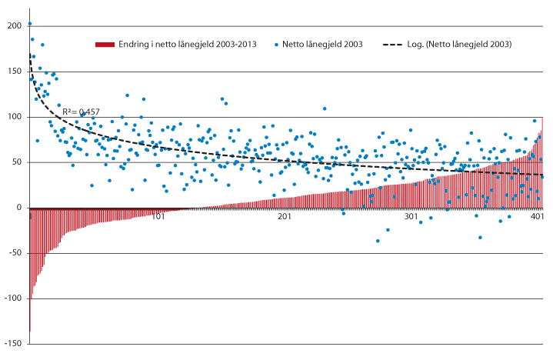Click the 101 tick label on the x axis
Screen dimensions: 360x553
point(158,217)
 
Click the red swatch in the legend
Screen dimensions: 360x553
point(104,45)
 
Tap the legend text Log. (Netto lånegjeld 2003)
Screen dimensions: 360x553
point(468,45)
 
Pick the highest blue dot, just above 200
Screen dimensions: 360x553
point(30,24)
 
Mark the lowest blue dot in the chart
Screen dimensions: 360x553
point(378,241)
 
